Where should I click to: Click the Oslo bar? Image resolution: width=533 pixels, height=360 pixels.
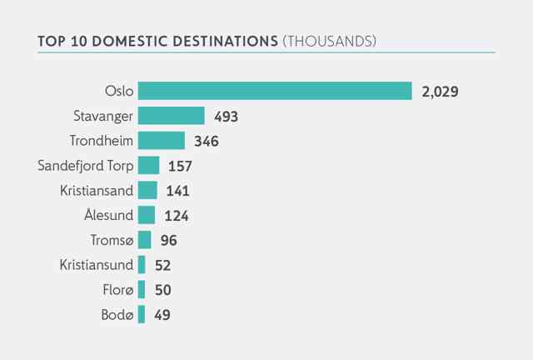pos(275,91)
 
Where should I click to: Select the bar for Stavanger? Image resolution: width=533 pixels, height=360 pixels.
pos(172,116)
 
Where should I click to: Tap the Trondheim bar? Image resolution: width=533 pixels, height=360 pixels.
pos(162,141)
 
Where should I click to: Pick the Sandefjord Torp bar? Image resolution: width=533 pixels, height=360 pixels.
pos(148,165)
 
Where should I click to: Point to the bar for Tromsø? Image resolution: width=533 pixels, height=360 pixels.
pos(144,240)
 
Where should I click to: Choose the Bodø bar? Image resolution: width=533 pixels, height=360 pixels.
pos(142,314)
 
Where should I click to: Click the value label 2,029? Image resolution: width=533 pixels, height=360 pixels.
pos(440,92)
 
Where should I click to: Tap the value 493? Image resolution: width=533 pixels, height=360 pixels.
pos(226,117)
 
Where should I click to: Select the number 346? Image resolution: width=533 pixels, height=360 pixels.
pos(207,141)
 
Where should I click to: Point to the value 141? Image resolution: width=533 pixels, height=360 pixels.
pos(177,191)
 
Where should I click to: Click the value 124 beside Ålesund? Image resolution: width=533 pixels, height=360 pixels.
pos(177,216)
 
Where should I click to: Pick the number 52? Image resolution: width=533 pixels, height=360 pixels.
pos(163,265)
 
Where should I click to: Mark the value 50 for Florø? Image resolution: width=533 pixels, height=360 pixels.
pos(163,290)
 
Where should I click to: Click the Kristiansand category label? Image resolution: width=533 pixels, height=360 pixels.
pos(97,191)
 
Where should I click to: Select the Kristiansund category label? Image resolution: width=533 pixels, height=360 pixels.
pos(97,265)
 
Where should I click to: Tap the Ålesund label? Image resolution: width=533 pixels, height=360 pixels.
pos(109,214)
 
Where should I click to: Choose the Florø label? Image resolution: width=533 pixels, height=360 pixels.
pos(118,290)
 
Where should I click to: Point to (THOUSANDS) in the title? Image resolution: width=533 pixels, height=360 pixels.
pos(330,41)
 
